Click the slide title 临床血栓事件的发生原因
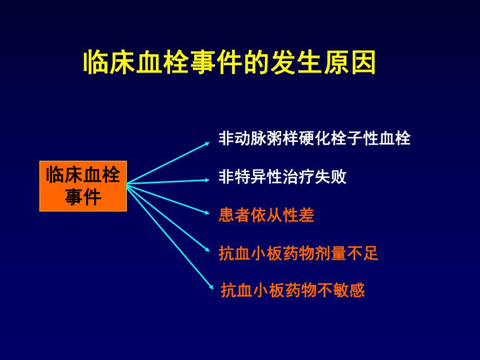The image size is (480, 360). [230, 63]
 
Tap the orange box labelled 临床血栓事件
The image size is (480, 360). [83, 186]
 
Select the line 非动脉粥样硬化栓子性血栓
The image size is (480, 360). [315, 138]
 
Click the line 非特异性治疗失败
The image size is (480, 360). [282, 176]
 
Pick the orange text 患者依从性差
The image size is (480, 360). [267, 215]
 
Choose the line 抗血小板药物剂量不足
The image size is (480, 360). [298, 254]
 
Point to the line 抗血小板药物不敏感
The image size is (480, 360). [293, 290]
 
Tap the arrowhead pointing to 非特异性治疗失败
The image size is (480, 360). [207, 180]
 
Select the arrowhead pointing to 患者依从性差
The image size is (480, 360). [207, 212]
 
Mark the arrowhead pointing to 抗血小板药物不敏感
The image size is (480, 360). [210, 285]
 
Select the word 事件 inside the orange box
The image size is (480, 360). [83, 197]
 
